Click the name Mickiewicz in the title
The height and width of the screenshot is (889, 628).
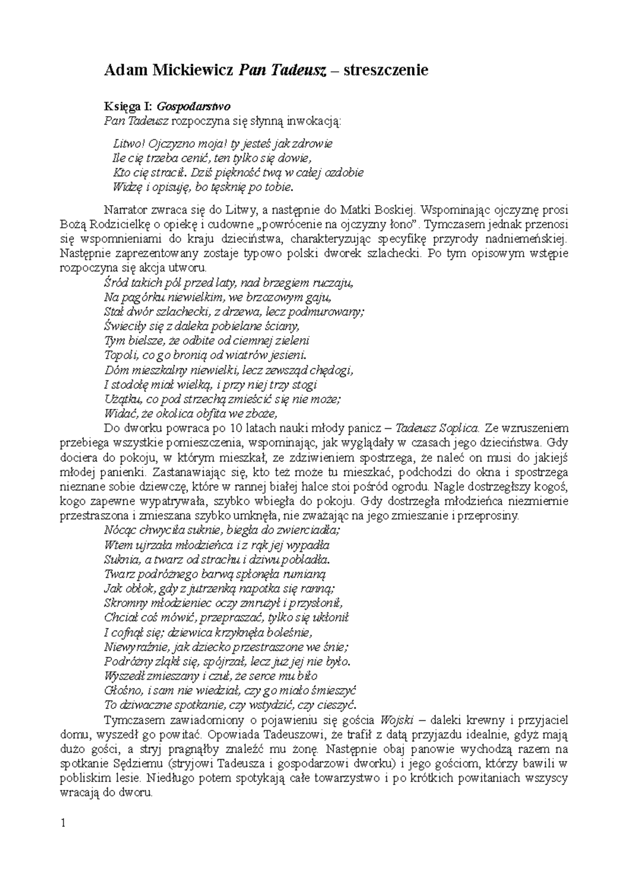click(192, 70)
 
